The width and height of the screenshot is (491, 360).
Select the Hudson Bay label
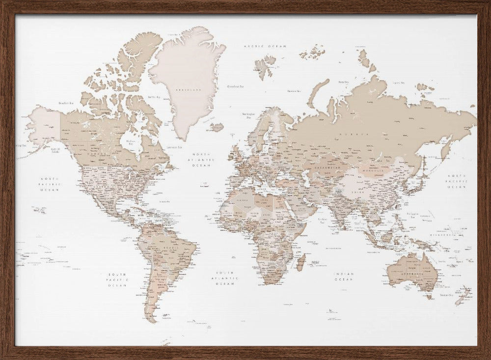click(131, 141)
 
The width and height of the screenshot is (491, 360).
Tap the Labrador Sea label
click(175, 147)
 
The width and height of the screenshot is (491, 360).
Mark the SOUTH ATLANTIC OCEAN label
click(226, 278)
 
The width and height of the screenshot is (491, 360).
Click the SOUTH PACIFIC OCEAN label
click(118, 279)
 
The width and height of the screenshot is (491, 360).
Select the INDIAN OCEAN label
click(344, 277)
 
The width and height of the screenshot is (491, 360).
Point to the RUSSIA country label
click(356, 133)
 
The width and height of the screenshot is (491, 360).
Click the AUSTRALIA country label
click(411, 274)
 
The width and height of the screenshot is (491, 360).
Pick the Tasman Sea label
click(446, 295)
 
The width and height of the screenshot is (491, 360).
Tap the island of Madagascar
click(301, 262)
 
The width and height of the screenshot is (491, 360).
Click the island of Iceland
click(217, 127)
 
